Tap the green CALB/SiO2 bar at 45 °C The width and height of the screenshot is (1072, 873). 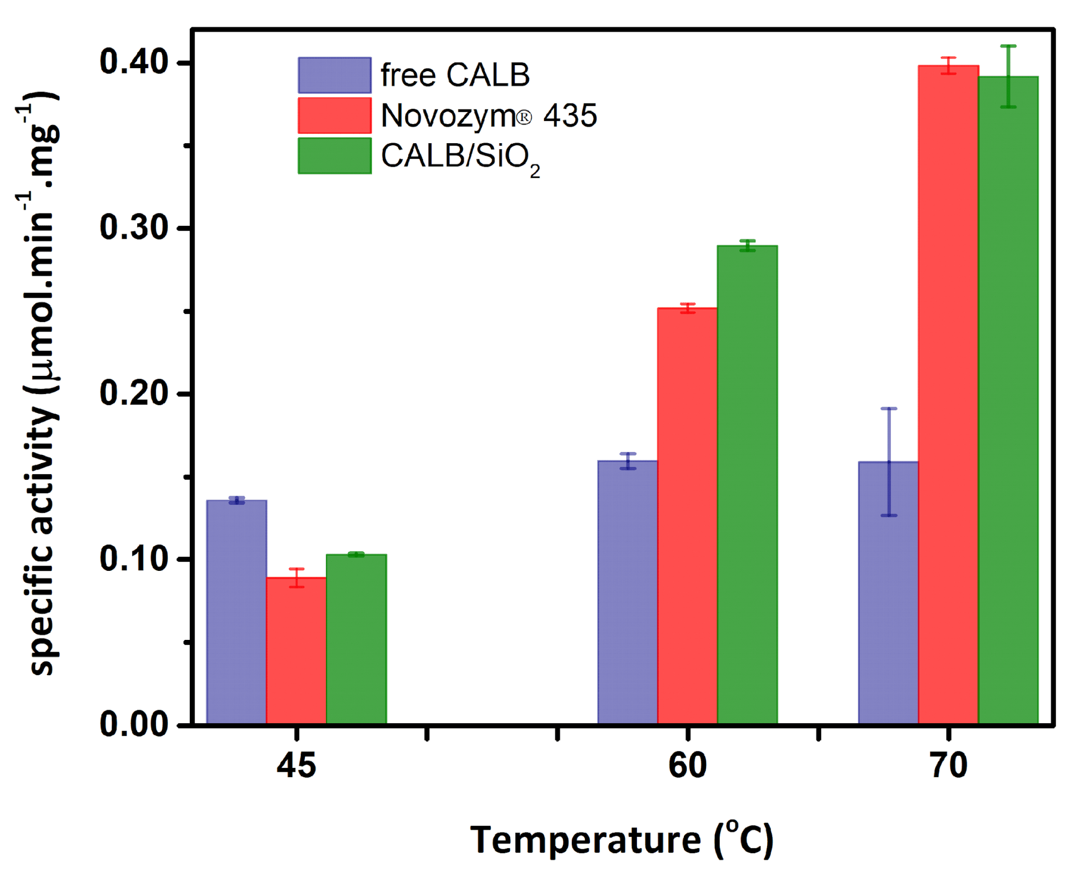tap(356, 639)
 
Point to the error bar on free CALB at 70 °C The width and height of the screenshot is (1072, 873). tap(889, 461)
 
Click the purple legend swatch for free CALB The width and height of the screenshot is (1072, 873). tap(334, 76)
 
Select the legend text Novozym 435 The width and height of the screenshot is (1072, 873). tap(488, 115)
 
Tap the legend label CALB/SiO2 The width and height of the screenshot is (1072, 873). tap(460, 157)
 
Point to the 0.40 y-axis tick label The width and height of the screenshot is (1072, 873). tap(133, 63)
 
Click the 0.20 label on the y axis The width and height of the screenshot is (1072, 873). tap(133, 393)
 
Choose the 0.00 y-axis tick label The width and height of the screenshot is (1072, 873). tap(133, 724)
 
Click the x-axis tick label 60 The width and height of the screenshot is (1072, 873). tap(687, 766)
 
